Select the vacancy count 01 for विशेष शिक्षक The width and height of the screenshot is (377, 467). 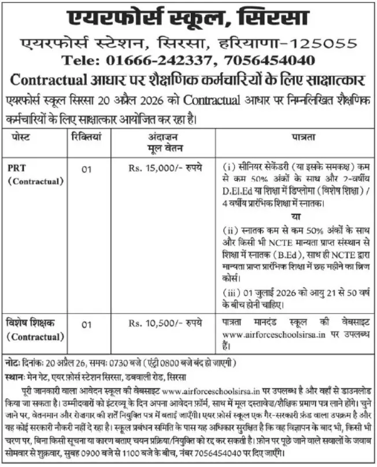tap(86, 325)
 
